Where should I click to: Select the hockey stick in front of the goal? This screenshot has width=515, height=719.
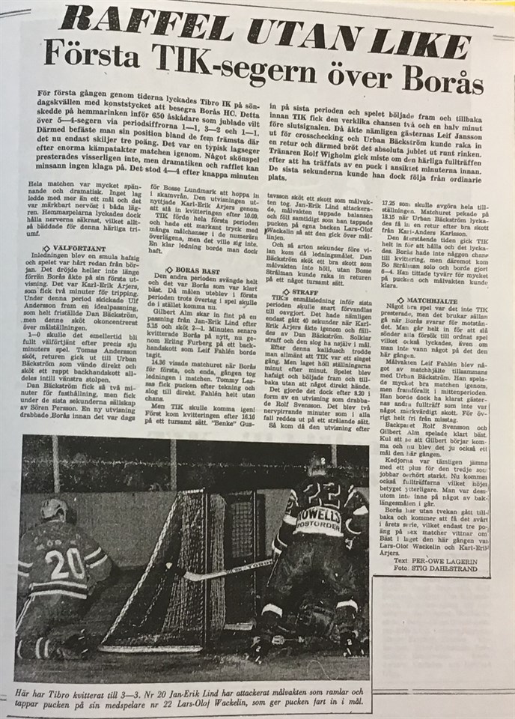225,569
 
